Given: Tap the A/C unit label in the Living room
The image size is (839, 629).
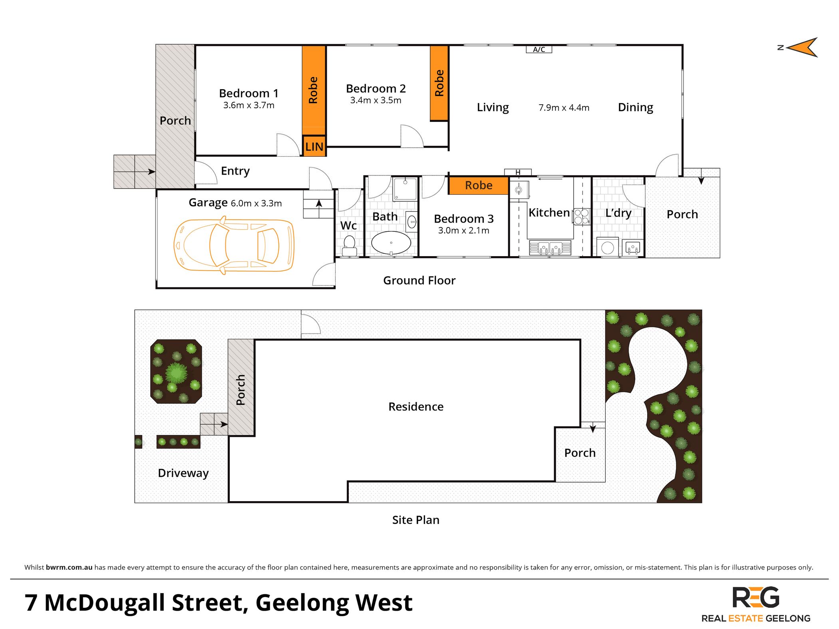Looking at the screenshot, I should tap(539, 50).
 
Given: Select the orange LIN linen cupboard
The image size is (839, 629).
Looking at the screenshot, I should tap(314, 147).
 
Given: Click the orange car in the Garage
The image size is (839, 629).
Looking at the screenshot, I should tap(234, 245).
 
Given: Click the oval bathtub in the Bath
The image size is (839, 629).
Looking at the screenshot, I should tap(391, 243).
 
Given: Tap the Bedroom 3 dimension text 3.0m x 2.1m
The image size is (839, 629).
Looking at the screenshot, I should tap(463, 231).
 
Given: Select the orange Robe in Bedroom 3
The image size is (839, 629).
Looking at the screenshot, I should tap(478, 185).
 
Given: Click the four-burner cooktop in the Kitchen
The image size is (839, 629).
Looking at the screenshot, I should tap(581, 217).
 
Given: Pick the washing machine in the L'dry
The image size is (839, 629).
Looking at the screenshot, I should tap(607, 248).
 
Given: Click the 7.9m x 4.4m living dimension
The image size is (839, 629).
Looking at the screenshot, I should tap(564, 108).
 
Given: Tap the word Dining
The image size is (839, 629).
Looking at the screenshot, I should tap(635, 107).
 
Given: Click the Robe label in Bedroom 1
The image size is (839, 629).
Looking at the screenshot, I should tap(314, 90).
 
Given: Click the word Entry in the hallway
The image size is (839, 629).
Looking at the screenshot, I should tap(235, 171).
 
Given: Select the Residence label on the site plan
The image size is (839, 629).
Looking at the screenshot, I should tap(416, 407).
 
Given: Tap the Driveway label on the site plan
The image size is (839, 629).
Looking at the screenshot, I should tap(183, 473).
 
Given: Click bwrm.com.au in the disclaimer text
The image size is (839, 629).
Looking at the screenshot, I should tap(69, 567).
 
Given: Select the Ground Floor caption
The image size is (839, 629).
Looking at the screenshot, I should tap(419, 281).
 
